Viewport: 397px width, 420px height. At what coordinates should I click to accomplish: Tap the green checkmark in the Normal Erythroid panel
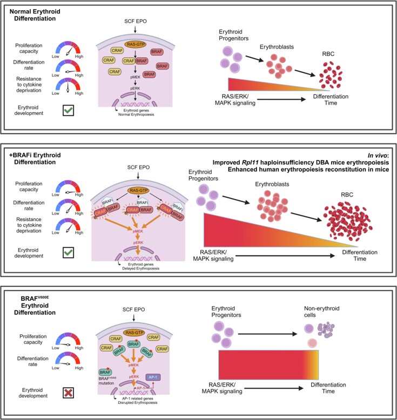(69, 111)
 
